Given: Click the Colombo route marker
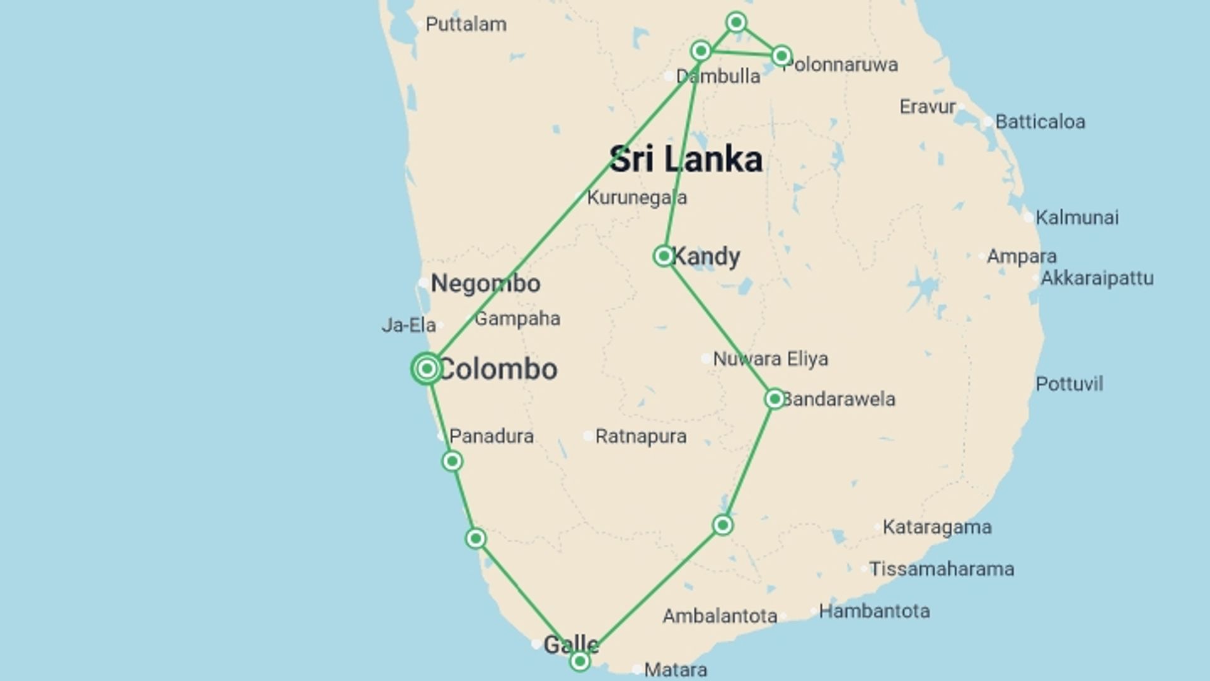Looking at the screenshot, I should (x=427, y=368).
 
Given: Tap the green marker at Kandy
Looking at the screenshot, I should (x=664, y=256).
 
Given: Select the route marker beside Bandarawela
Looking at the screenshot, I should (x=775, y=399).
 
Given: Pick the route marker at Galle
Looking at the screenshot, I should (x=580, y=661).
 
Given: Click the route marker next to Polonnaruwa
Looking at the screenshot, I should (x=781, y=56).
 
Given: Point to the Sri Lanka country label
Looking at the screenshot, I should (x=686, y=159).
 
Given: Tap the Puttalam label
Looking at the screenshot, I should (x=466, y=25).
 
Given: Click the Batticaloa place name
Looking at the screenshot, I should (x=1040, y=122).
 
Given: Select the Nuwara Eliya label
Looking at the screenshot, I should (x=770, y=359).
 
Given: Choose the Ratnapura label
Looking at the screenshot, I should (x=640, y=436).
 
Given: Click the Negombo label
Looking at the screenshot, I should (x=485, y=284).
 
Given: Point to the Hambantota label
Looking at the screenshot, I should (x=874, y=611).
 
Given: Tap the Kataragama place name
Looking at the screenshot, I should (x=936, y=527).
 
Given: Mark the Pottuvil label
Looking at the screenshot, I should (x=1069, y=384).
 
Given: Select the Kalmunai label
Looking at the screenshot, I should (x=1077, y=218).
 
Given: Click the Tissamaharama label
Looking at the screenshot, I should (x=942, y=569).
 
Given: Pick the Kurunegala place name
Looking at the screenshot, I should (x=637, y=198).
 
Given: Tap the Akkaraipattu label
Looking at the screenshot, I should (x=1097, y=278).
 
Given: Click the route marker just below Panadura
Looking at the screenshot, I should (x=452, y=462).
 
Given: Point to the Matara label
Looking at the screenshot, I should (x=675, y=670).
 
